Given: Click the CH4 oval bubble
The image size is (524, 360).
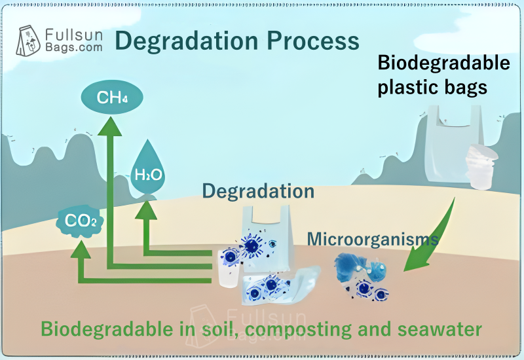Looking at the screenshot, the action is [x=112, y=97].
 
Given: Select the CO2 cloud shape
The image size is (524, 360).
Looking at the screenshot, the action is [x=80, y=221].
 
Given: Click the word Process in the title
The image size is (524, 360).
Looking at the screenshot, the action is [x=313, y=41].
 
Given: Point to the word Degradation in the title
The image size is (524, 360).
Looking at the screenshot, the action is [x=187, y=41].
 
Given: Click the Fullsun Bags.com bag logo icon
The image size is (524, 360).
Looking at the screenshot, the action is [x=28, y=41].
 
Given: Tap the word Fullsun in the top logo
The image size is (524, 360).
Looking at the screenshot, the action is [x=74, y=35].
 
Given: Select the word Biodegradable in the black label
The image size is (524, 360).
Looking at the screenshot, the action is [x=444, y=62].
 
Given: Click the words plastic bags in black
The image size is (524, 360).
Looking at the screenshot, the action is [x=432, y=88].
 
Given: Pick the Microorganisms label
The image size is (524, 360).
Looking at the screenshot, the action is [x=373, y=239].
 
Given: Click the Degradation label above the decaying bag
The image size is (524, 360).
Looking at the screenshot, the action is [x=258, y=191].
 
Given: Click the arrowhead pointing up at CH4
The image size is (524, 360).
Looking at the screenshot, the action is [x=109, y=127].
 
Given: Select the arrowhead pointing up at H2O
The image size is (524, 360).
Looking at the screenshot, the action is [x=146, y=210].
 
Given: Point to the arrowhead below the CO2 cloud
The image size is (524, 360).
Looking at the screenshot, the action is [x=81, y=249].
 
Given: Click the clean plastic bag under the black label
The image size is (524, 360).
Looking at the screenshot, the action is [x=453, y=144].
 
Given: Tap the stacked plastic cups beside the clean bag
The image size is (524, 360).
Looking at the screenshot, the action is [x=481, y=167].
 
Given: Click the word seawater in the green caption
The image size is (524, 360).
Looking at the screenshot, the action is [x=440, y=329].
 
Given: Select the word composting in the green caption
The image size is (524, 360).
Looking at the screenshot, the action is [x=299, y=330].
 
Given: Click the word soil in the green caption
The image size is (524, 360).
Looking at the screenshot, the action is [x=221, y=329].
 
